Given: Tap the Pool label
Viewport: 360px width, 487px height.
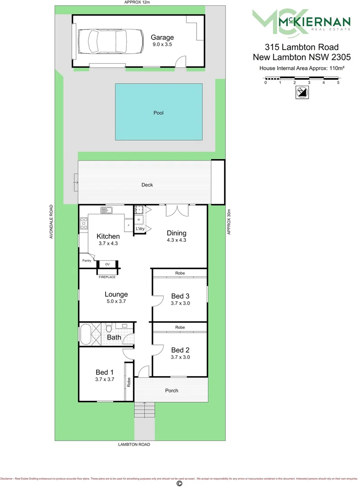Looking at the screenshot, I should pos(158,113).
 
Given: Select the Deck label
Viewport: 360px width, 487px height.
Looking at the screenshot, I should pos(147,185).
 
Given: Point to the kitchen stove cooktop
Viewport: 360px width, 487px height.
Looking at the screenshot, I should pos(84,223).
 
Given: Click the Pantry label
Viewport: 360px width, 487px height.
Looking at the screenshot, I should pos(87,261).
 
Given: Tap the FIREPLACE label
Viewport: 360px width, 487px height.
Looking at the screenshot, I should pos(107,277).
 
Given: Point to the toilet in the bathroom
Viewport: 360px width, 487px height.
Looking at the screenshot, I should pos(109,326).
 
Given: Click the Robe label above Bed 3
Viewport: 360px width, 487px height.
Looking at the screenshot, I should pos(180,273).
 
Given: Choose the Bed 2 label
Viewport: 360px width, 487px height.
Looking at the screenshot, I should pos(180,350).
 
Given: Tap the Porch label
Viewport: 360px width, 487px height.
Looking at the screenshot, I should pos(171,391).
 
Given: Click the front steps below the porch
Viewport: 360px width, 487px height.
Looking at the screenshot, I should pos(145,410).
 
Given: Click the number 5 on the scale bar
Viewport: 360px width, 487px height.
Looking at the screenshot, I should pos(338,83).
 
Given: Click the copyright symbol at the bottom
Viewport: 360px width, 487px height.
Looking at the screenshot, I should pos(180,483).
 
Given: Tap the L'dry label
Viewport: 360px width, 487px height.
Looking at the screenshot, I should pos(140,229).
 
